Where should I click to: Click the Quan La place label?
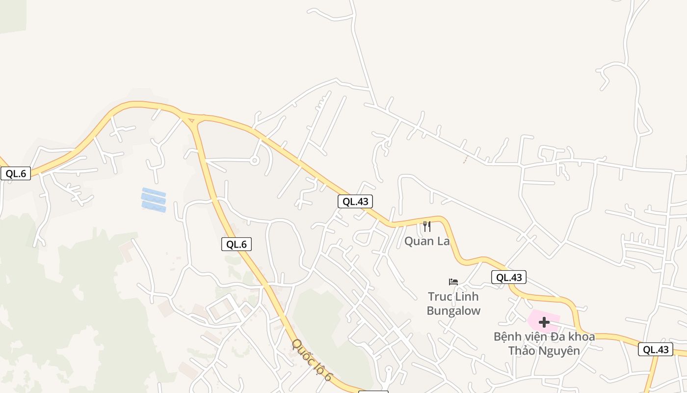[x=427, y=241]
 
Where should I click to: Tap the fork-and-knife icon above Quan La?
[x=427, y=226]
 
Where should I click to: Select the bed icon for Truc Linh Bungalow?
[x=453, y=282]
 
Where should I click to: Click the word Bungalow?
[x=453, y=311]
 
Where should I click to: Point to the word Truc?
[x=440, y=297]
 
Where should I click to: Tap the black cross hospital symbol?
[x=544, y=322]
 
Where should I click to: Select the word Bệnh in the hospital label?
[x=508, y=337]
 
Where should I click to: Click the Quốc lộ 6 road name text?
[x=313, y=361]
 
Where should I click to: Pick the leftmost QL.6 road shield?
[x=16, y=173]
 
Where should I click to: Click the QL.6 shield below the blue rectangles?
[x=236, y=244]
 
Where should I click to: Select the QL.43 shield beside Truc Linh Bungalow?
[x=509, y=277]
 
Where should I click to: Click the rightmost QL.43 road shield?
[x=656, y=349]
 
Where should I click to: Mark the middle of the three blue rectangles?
[x=154, y=199]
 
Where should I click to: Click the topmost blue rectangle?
[x=154, y=192]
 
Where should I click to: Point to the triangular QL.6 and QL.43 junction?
[x=192, y=118]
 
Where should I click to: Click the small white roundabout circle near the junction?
[x=254, y=160]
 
